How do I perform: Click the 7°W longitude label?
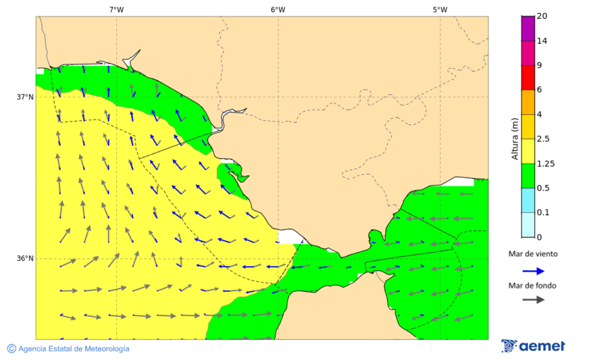pos(116,9)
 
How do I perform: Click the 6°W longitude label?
pos(278,9)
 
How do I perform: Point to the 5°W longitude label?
pos(440,9)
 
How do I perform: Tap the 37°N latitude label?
pos(25,97)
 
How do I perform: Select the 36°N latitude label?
pos(25,258)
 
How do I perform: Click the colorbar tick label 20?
pos(542,16)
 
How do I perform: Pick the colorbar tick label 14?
pos(542,41)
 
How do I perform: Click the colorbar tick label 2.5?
pos(543,139)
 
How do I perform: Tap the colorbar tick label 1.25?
pos(545,163)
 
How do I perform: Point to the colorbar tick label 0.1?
pos(543,212)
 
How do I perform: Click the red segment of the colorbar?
pos(528,78)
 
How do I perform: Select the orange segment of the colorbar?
pos(528,102)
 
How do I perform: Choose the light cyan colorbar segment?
pos(528,224)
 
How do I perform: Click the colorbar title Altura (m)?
pos(515,138)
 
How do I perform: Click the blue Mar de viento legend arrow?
pos(533,271)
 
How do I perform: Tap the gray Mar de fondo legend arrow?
pos(533,299)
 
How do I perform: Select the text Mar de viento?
pos(533,254)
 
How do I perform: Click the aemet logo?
pos(533,346)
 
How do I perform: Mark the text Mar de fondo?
pos(533,285)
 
